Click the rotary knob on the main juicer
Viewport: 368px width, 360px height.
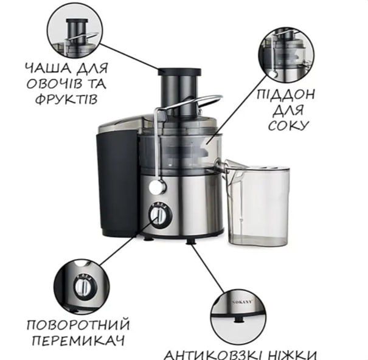159,215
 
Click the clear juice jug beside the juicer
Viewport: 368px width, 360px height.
258,204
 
